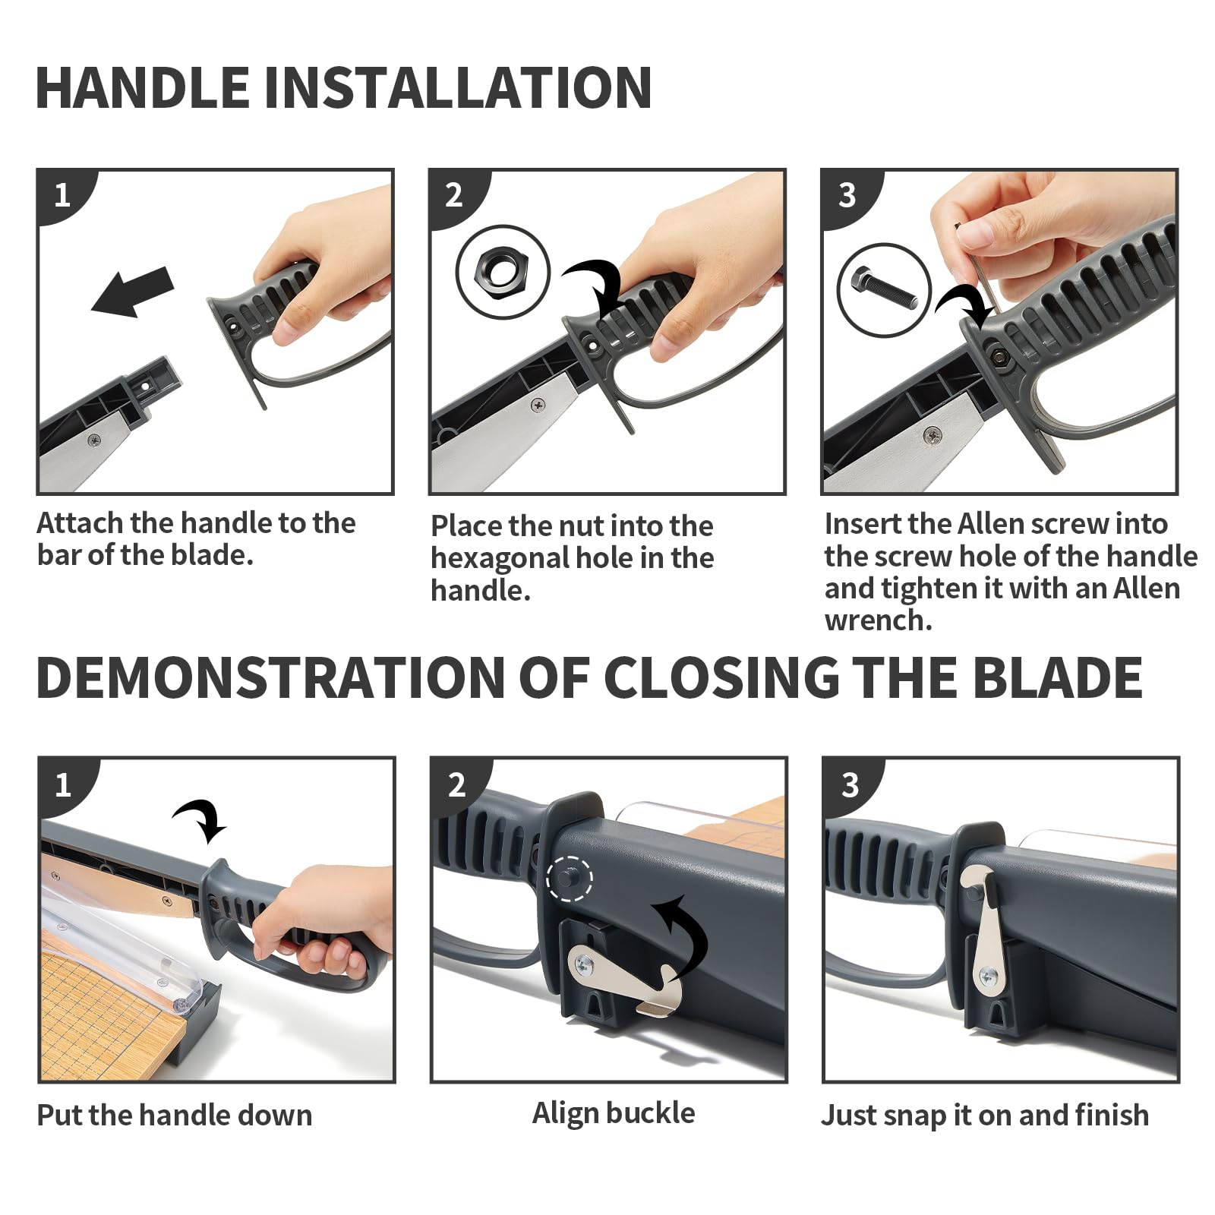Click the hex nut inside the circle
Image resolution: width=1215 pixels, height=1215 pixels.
pos(502,272)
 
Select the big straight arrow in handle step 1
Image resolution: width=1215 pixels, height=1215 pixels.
pos(134,292)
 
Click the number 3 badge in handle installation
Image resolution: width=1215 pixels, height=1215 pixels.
pos(847,195)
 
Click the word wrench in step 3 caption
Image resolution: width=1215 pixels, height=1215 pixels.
pos(879,621)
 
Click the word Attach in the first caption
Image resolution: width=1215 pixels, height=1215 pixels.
pos(80,523)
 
